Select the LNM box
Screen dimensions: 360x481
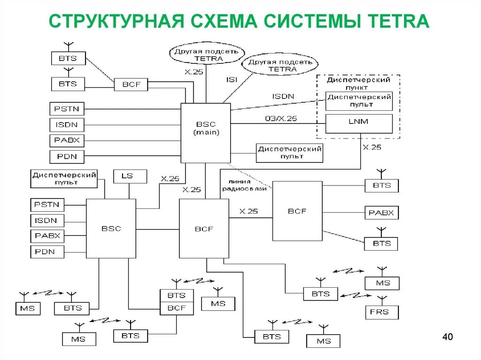(359, 122)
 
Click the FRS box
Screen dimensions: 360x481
(382, 312)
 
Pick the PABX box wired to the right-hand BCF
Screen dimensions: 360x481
(381, 213)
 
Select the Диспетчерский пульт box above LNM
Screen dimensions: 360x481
(359, 100)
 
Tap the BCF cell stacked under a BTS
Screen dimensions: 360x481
(177, 308)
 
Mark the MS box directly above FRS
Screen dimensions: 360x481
(382, 283)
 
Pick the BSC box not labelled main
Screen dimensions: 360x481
(111, 229)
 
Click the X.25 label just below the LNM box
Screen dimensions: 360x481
(372, 147)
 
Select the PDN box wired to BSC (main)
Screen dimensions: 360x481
(67, 156)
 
